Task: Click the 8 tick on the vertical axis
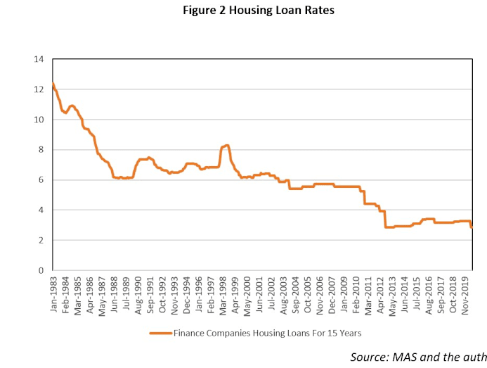(x=41, y=150)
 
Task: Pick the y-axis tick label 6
(x=41, y=180)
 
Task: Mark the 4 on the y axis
(x=41, y=210)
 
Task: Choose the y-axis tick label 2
(x=41, y=241)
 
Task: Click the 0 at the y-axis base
(x=41, y=271)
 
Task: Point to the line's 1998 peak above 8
(x=226, y=145)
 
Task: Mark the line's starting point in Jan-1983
(x=53, y=84)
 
